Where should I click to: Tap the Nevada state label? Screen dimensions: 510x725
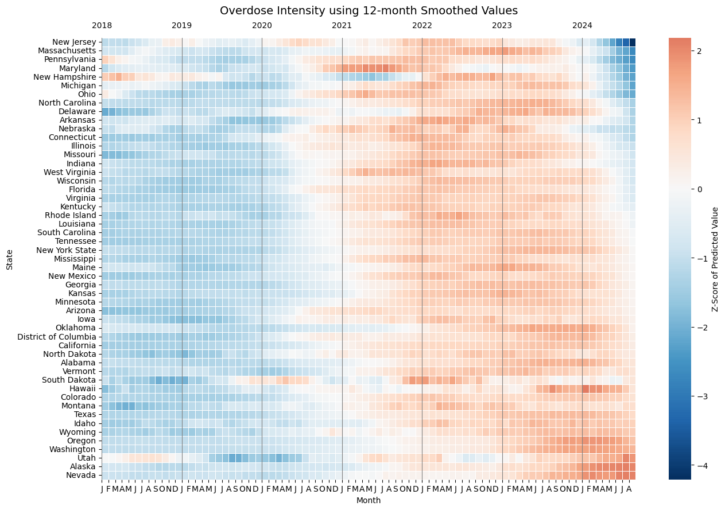81,475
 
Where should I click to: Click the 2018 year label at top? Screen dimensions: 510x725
102,25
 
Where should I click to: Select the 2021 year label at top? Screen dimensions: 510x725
342,25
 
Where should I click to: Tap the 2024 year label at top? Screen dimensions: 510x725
582,25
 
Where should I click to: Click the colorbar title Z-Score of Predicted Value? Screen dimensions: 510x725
715,259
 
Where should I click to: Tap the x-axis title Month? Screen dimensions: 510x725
368,500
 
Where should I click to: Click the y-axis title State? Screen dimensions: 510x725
9,259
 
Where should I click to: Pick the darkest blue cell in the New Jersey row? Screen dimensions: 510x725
632,42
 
